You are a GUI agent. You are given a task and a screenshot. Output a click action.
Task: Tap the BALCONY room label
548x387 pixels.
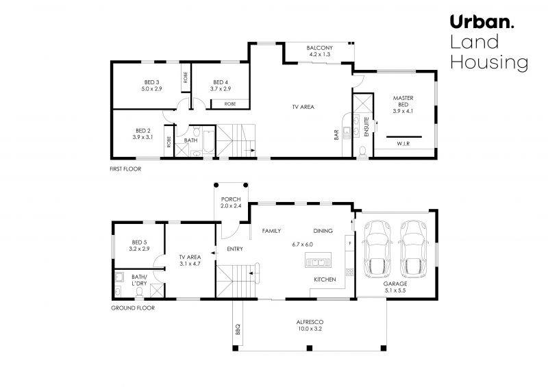319,48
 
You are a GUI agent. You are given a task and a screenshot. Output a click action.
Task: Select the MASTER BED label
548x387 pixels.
403,101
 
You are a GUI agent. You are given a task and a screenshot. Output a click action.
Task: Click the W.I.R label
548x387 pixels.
403,144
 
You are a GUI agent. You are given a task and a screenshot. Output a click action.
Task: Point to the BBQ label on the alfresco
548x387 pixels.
238,329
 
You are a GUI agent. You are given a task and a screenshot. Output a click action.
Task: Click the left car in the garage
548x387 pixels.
377,249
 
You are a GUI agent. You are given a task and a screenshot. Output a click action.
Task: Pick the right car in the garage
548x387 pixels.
413,249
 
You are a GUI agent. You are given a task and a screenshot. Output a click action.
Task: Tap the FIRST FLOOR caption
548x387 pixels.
125,169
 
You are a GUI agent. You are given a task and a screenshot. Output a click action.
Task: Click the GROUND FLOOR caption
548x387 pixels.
133,308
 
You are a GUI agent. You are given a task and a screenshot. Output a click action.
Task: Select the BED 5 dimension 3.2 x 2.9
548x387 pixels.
139,249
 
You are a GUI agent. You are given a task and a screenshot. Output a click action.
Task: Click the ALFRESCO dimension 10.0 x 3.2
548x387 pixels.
310,329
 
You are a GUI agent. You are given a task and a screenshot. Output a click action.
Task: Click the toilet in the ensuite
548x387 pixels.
362,152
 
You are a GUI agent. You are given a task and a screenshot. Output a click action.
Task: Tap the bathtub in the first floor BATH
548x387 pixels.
209,141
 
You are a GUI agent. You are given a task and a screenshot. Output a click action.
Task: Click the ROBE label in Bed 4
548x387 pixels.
230,104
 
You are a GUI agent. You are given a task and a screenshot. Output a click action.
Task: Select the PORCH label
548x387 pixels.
231,199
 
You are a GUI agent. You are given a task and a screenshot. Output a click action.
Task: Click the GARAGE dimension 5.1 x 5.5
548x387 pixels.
395,290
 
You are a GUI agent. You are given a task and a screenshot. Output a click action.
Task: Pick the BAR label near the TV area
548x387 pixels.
336,135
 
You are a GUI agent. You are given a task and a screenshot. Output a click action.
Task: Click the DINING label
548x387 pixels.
323,231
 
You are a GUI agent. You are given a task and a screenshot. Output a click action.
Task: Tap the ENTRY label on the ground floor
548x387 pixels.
235,249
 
